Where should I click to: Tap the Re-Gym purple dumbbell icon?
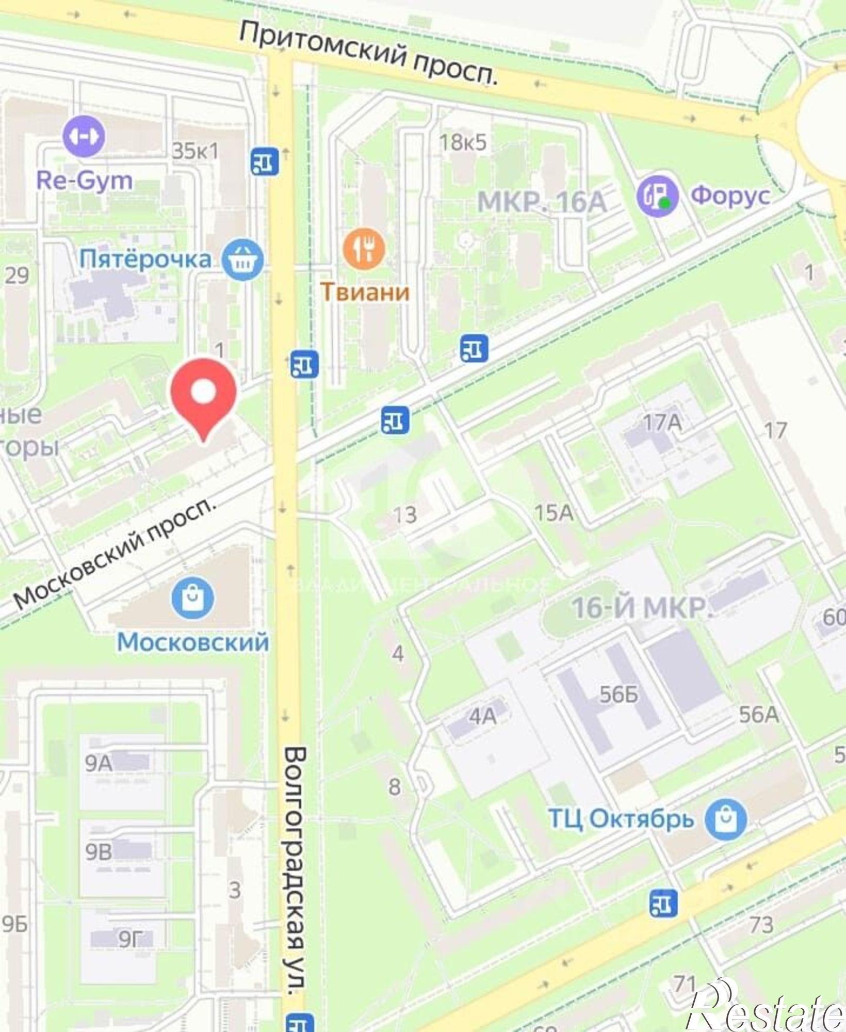[x=84, y=136]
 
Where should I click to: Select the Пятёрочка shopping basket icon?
[x=242, y=260]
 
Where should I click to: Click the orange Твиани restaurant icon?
[x=365, y=249]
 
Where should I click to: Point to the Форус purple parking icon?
[x=657, y=196]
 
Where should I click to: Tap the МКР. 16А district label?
[x=542, y=202]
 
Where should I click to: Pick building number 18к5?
[x=463, y=142]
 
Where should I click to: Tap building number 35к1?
[x=195, y=151]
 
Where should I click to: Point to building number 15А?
[x=554, y=513]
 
